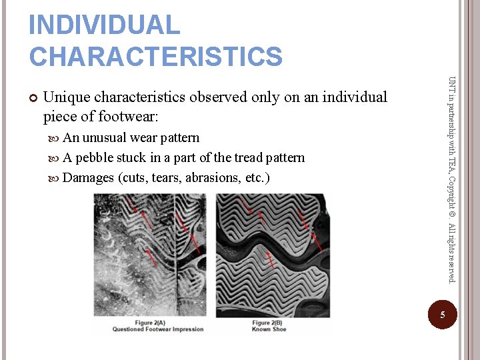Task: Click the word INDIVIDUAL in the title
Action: [104, 25]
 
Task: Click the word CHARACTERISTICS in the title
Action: [155, 56]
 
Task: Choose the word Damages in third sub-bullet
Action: [88, 178]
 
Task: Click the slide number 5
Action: [441, 315]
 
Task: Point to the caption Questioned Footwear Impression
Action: [157, 329]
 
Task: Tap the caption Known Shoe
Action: [270, 329]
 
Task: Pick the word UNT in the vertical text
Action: [452, 85]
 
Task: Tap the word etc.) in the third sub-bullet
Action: [258, 178]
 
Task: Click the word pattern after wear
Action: [179, 138]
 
